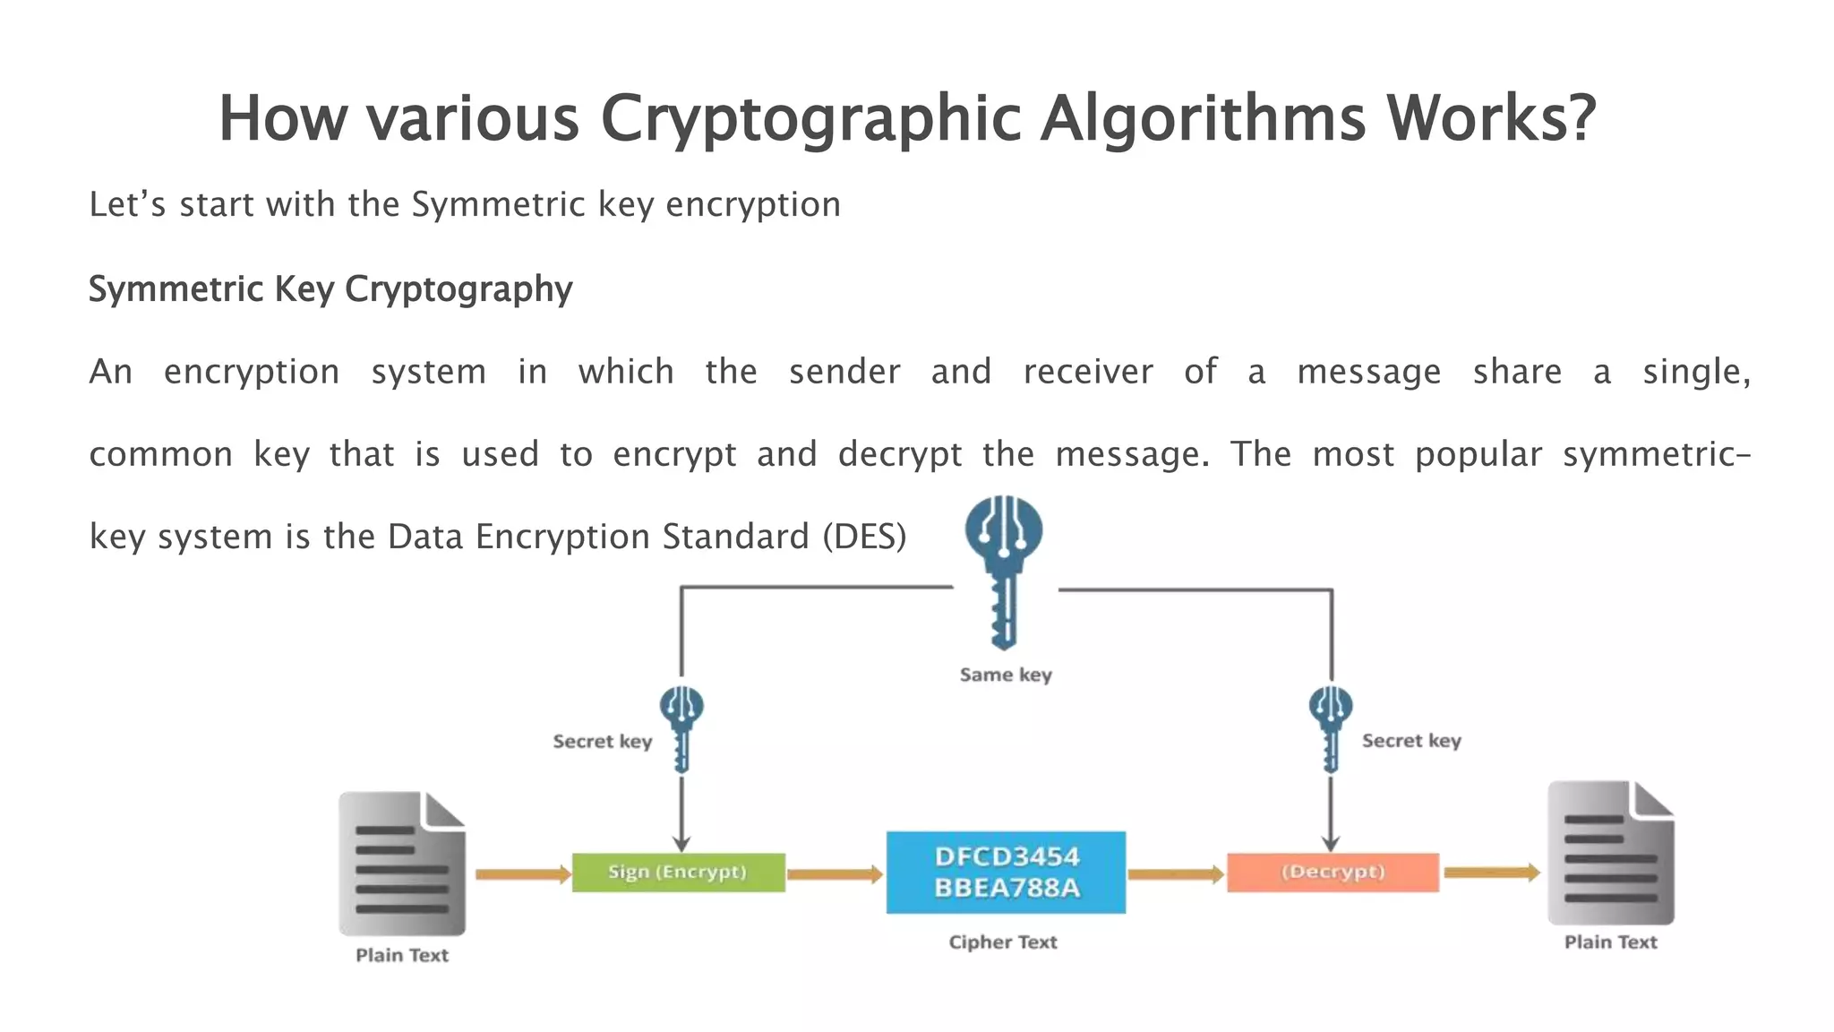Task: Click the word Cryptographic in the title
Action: point(810,119)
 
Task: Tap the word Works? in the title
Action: point(1491,119)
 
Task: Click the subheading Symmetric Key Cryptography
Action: point(330,289)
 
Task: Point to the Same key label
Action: point(1005,675)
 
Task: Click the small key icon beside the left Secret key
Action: point(681,728)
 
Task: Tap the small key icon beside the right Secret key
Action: point(1330,728)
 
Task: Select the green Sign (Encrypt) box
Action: point(678,873)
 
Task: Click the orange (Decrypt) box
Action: point(1333,873)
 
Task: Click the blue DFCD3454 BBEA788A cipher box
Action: point(1006,873)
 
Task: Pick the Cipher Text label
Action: point(1003,942)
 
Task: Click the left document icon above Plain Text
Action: point(402,864)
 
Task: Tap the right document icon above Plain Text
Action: point(1610,853)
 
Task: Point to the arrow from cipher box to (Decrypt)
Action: point(1175,873)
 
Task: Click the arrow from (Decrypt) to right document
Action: point(1491,872)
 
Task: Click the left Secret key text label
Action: point(602,742)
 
